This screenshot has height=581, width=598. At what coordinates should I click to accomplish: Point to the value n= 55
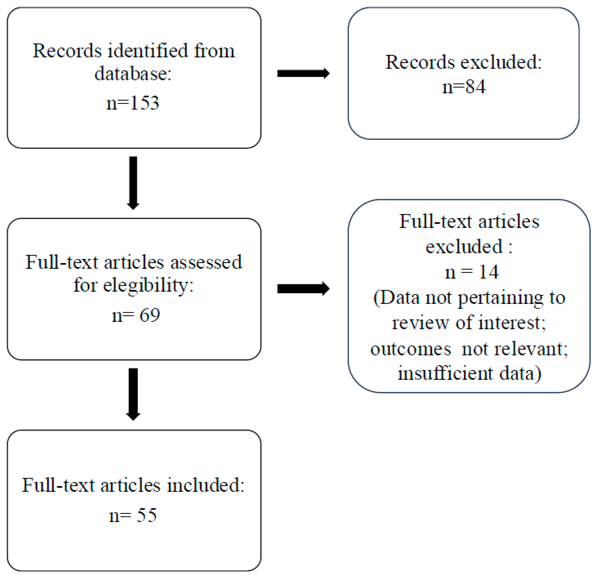(133, 516)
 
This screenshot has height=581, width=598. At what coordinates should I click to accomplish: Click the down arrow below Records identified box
(133, 182)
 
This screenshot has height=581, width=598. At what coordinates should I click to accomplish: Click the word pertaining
(501, 298)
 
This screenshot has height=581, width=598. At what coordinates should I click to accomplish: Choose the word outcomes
(411, 349)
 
